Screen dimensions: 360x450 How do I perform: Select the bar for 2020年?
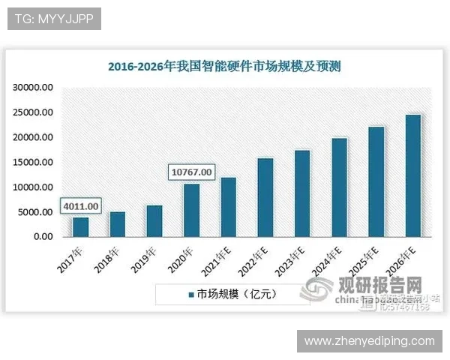tap(191, 210)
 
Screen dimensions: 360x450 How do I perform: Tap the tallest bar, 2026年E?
tap(412, 175)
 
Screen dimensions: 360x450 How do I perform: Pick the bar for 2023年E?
tap(301, 193)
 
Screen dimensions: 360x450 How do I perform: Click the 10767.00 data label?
tap(191, 172)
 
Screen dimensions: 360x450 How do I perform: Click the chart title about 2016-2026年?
tap(224, 66)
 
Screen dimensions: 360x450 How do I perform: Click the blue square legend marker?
tap(190, 294)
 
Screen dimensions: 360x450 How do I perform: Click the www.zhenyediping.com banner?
tap(368, 341)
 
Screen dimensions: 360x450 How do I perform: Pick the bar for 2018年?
tap(118, 223)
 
